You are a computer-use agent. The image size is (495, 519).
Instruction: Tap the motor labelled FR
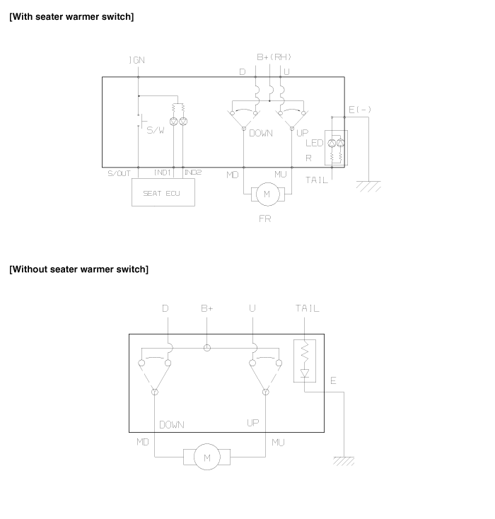[x=267, y=194]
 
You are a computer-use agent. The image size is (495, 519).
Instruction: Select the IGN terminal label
[x=136, y=60]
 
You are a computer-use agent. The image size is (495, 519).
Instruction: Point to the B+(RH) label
[x=274, y=57]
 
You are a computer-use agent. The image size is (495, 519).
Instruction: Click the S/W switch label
[x=156, y=130]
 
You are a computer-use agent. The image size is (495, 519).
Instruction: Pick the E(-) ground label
[x=360, y=110]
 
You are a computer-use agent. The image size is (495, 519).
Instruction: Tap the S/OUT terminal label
[x=120, y=173]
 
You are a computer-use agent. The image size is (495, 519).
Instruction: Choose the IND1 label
[x=162, y=173]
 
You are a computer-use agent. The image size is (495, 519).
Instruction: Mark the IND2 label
[x=193, y=173]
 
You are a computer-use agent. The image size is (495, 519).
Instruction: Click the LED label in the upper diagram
[x=314, y=143]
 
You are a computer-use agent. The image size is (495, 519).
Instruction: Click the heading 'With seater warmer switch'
[x=71, y=16]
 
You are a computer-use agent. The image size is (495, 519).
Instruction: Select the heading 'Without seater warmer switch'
[x=78, y=269]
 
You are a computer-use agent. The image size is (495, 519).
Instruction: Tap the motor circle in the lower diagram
[x=207, y=457]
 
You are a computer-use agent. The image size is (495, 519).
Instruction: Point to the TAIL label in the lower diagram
[x=308, y=308]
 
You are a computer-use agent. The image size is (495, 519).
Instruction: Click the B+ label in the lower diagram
[x=207, y=308]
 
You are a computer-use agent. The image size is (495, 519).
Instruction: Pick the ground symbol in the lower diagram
[x=344, y=461]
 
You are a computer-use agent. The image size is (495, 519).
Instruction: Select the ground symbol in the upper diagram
[x=368, y=186]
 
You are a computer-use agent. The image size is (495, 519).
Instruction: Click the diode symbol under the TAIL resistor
[x=305, y=373]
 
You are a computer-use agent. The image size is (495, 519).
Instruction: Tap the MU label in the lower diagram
[x=278, y=443]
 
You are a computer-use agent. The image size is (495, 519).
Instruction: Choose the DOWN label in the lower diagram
[x=172, y=425]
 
